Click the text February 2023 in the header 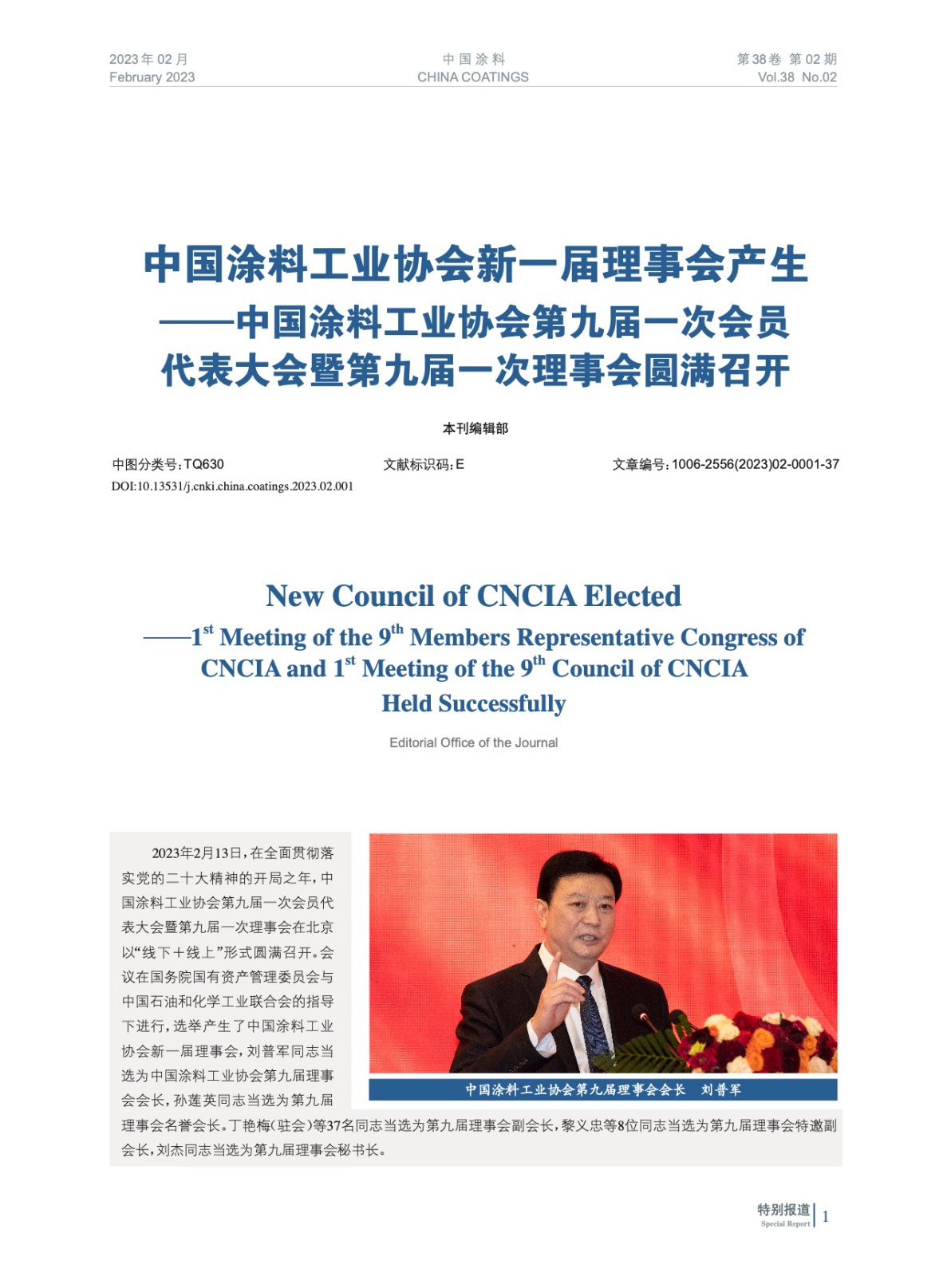tap(152, 77)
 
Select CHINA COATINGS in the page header tap(472, 77)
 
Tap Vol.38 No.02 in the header tap(796, 77)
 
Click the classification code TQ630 tap(203, 464)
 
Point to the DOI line tap(232, 486)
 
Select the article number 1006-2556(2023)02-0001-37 tap(755, 464)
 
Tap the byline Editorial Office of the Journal tap(473, 742)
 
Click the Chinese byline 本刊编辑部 tap(475, 428)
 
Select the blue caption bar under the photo tap(602, 1089)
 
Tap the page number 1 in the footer tap(825, 1216)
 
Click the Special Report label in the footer tap(785, 1223)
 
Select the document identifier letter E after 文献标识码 tap(460, 464)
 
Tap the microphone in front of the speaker tap(640, 1014)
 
